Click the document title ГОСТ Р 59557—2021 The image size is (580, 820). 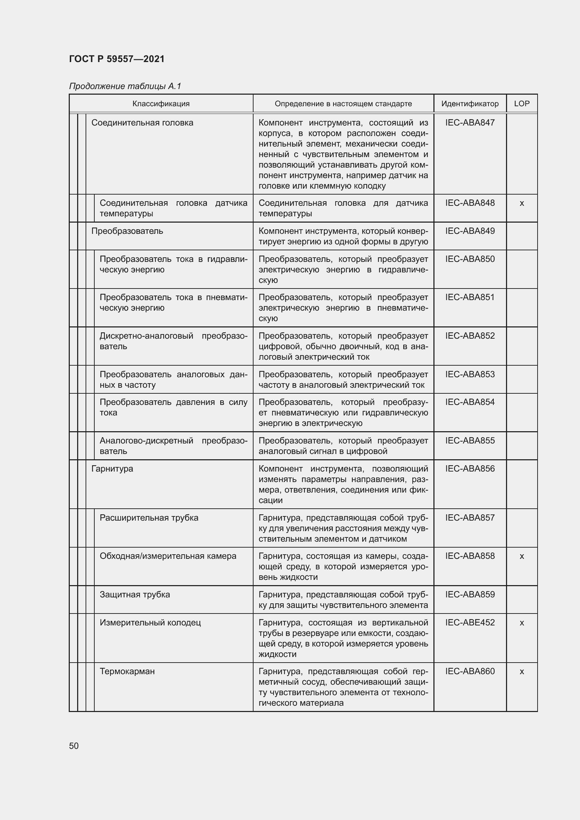(x=117, y=59)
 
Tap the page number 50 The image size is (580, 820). (x=74, y=746)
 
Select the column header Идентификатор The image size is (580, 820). (x=470, y=103)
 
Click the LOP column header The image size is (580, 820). (x=521, y=103)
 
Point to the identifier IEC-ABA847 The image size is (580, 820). (x=470, y=122)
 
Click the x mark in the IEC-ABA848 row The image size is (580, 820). (x=521, y=203)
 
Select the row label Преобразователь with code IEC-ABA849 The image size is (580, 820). (x=127, y=231)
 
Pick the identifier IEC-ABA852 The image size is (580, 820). (x=470, y=336)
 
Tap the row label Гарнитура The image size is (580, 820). (x=112, y=469)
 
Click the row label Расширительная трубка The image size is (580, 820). (x=149, y=518)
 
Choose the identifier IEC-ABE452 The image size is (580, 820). (x=470, y=623)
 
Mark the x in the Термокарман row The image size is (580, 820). (x=521, y=671)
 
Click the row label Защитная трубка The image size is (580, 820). (x=135, y=595)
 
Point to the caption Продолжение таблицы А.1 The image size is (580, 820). (x=125, y=86)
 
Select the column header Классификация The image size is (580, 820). (x=161, y=103)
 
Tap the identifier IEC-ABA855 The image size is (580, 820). (x=470, y=440)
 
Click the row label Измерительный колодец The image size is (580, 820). (x=150, y=623)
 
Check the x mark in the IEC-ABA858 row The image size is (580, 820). (x=521, y=556)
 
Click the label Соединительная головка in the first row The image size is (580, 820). (x=142, y=122)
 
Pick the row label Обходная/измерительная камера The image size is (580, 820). (x=168, y=556)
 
